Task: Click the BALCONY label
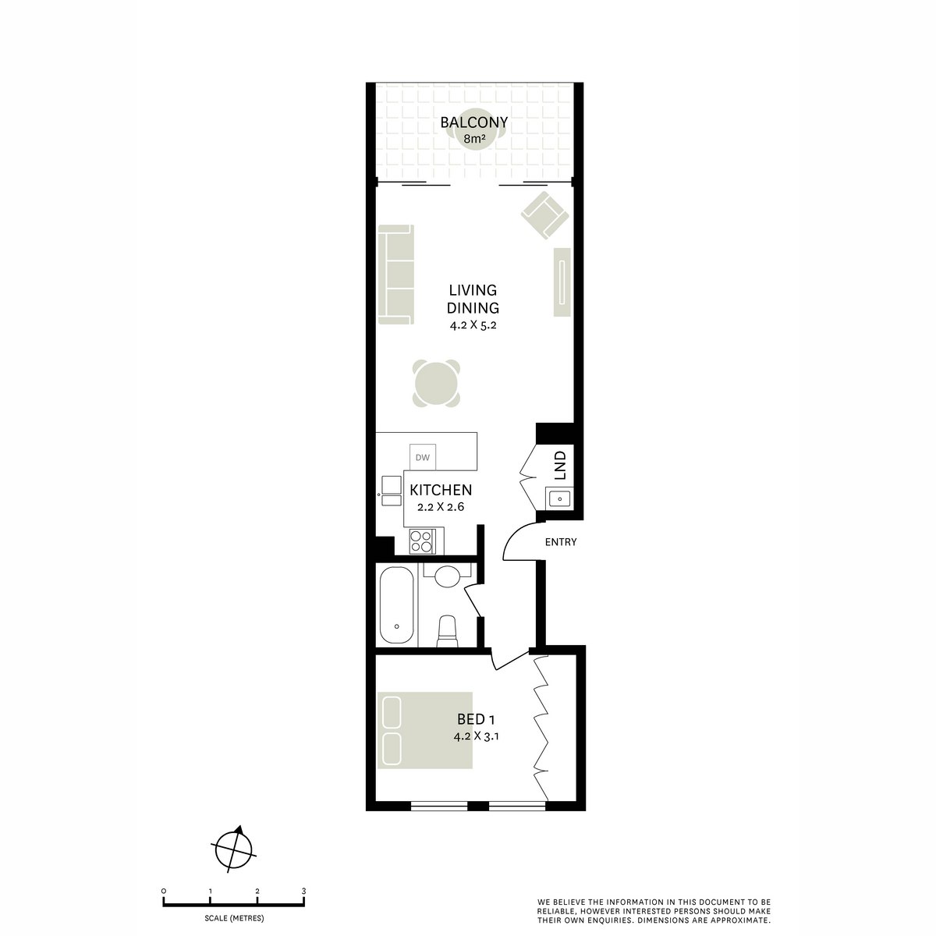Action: click(x=473, y=122)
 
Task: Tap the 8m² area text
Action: click(x=474, y=140)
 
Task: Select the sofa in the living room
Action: click(x=395, y=275)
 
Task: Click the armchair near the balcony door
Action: click(x=543, y=216)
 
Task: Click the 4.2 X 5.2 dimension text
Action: click(x=473, y=325)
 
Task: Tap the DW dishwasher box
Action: click(x=423, y=457)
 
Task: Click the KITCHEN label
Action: click(x=441, y=491)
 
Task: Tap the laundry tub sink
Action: click(x=559, y=498)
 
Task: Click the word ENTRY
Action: click(x=561, y=542)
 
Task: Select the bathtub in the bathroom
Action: click(x=398, y=604)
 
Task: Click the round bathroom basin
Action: click(x=447, y=577)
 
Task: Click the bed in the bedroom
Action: click(x=426, y=731)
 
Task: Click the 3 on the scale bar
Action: click(x=303, y=891)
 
